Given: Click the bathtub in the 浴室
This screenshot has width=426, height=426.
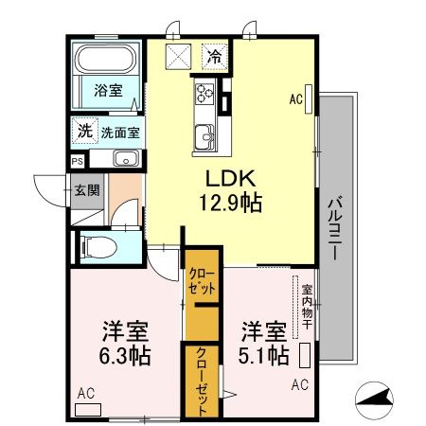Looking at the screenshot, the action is click(x=107, y=59).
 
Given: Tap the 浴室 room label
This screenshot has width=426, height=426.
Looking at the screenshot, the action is click(x=108, y=91).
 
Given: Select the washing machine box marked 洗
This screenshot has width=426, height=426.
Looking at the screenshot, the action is click(x=84, y=131).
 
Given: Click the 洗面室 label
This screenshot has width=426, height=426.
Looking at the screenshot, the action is click(x=120, y=133).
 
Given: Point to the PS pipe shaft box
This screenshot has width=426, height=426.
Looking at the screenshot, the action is click(x=78, y=161).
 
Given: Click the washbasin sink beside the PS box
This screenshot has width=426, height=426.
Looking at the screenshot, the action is click(x=126, y=158).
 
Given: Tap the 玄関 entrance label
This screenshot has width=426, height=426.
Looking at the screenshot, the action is click(x=87, y=190).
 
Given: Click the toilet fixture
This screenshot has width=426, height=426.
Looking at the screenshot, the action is click(x=98, y=247).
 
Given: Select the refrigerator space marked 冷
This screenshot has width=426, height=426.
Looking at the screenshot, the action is click(x=215, y=57).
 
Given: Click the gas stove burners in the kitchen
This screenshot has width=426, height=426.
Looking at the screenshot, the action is click(x=204, y=93).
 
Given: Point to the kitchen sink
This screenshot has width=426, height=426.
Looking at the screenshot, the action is click(x=204, y=136).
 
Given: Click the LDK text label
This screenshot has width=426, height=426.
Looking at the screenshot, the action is click(x=230, y=178).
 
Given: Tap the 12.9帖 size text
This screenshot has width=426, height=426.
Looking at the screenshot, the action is click(x=230, y=203).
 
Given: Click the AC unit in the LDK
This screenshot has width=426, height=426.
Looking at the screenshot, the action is click(x=309, y=98).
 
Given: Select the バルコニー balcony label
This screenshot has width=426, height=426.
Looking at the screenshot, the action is click(x=336, y=228).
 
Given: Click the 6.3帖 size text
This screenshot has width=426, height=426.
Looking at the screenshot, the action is click(x=125, y=356).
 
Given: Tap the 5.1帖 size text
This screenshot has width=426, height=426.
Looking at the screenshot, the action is click(x=263, y=355).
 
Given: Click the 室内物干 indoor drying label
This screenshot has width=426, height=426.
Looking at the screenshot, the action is click(x=307, y=307).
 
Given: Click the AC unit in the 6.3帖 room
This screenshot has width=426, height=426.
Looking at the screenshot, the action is click(x=88, y=410).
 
